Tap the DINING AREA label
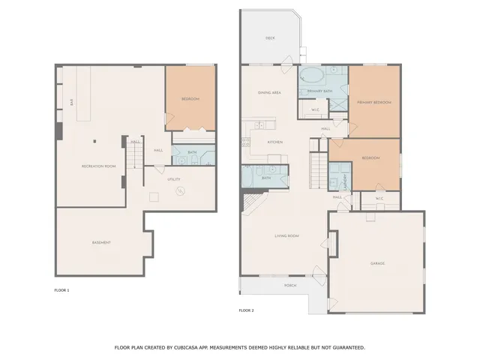[269, 92]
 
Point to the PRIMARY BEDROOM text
[373, 102]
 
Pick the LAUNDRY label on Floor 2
[346, 180]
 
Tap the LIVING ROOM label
[287, 236]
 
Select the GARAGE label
[376, 263]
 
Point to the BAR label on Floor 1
[71, 102]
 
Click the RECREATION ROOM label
[98, 166]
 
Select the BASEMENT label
[101, 242]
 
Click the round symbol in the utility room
[179, 191]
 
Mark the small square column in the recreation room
[94, 141]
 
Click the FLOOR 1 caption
[61, 290]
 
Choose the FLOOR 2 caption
[246, 310]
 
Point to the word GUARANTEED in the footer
[348, 347]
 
